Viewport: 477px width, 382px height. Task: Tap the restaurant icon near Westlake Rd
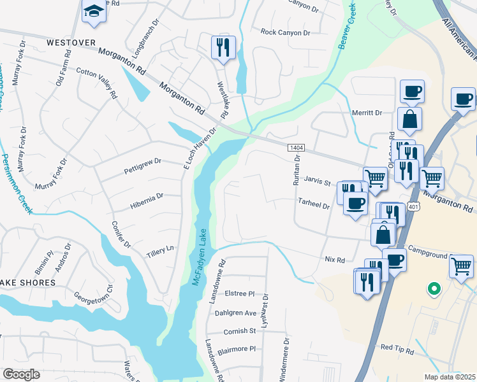(x=223, y=47)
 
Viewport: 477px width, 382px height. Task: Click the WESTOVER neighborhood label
(x=71, y=43)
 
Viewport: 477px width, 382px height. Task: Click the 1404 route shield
(x=296, y=148)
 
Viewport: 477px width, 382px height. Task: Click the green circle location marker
(x=434, y=289)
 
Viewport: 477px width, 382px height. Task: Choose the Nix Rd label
(x=335, y=260)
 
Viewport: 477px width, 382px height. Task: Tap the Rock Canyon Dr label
(x=285, y=32)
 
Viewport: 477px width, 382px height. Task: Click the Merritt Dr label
(x=367, y=113)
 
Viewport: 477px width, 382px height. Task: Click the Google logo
(x=21, y=374)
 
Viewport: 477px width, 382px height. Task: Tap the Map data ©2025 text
(x=450, y=377)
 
